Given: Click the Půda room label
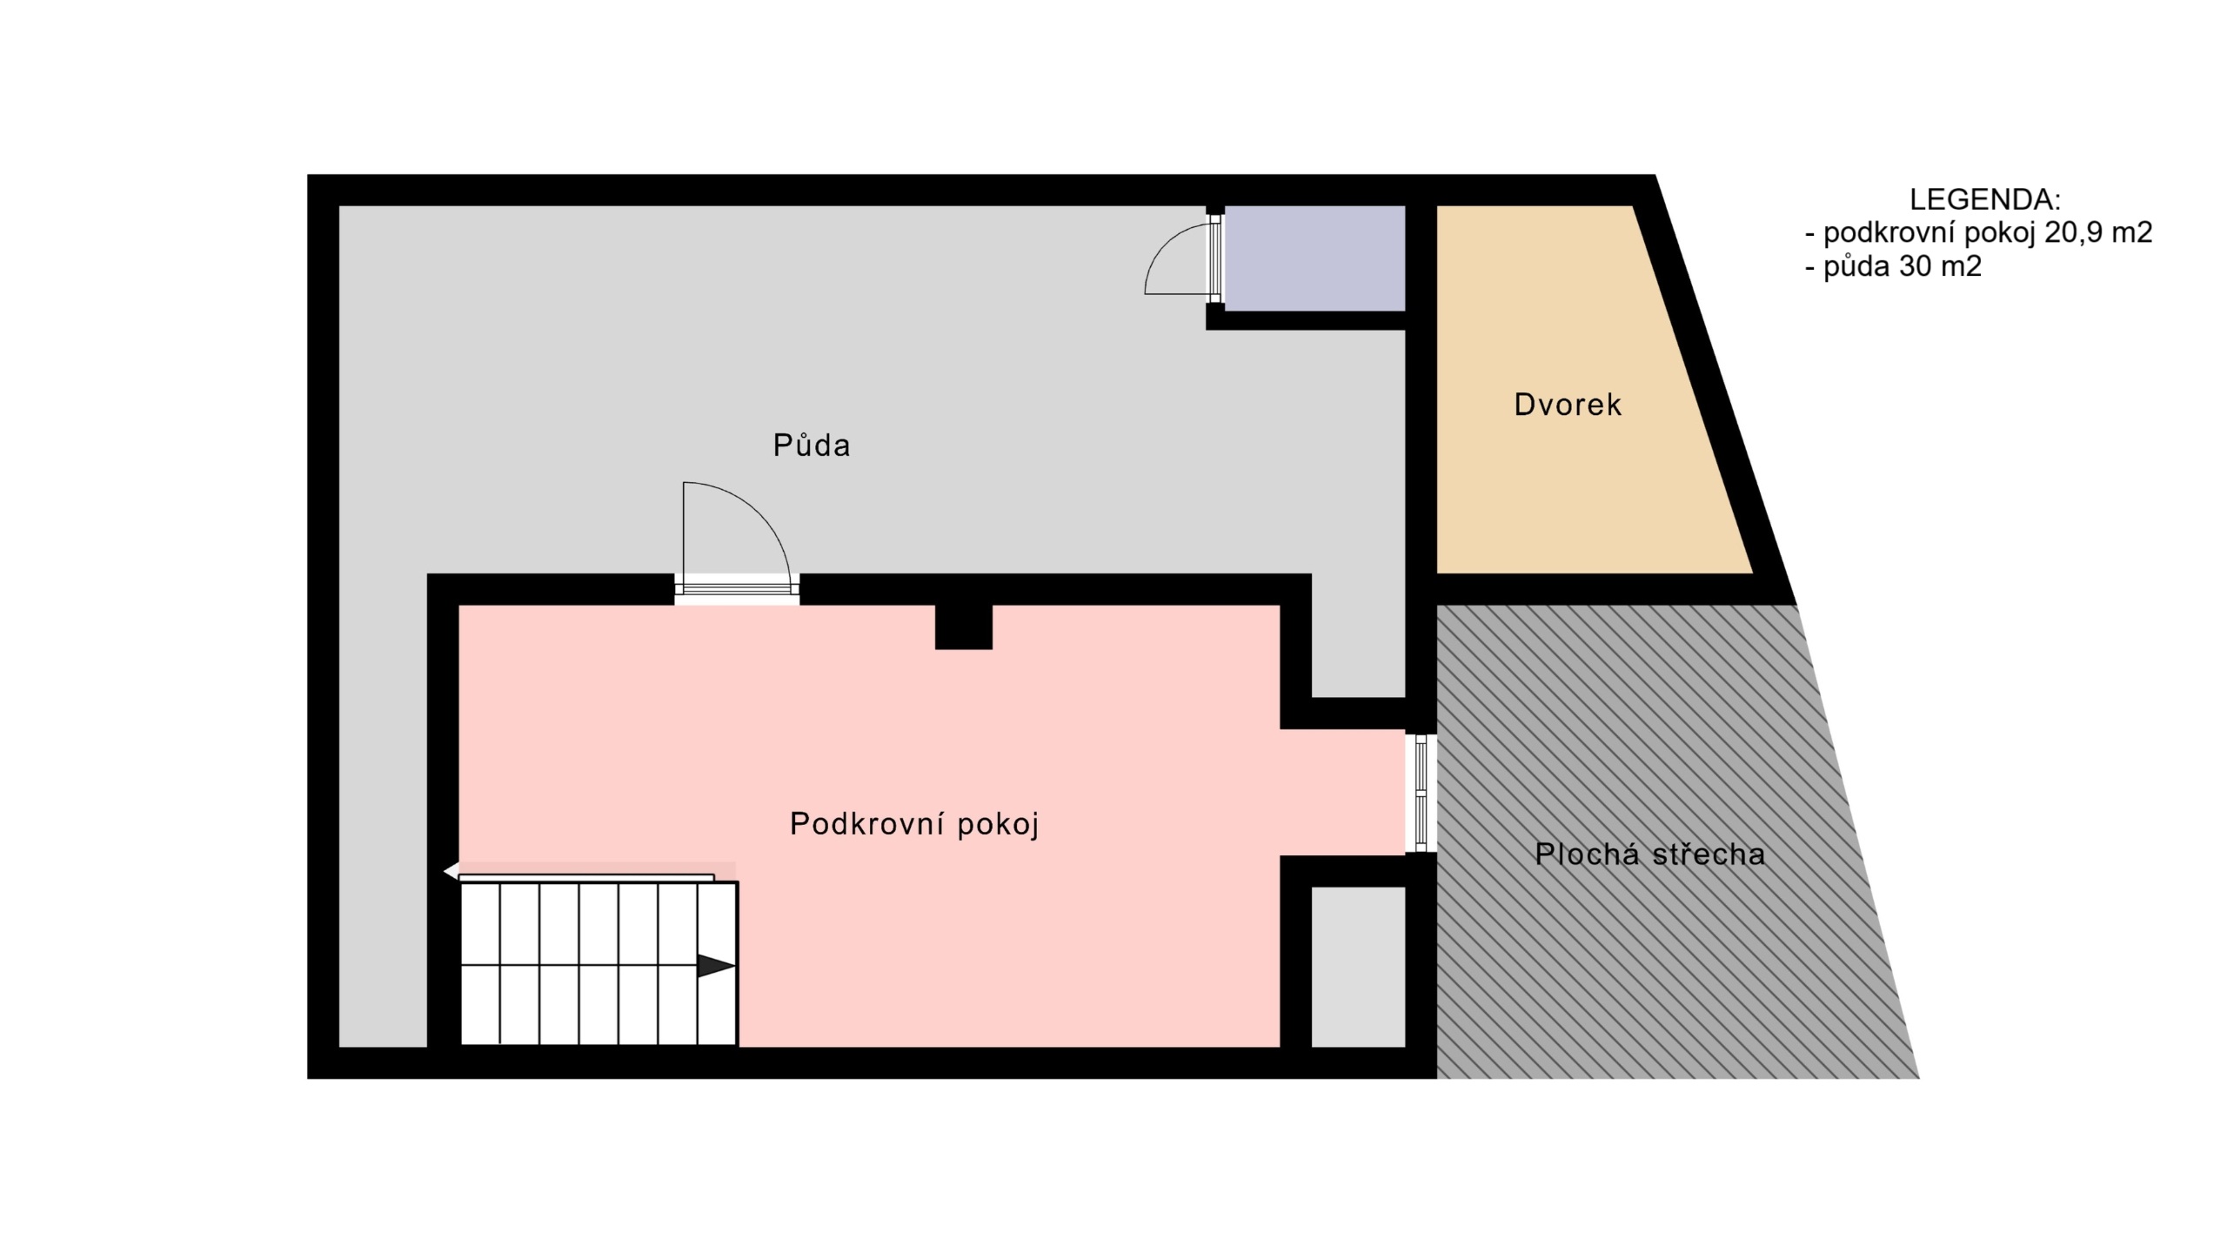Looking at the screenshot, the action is (811, 446).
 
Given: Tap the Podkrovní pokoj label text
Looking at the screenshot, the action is (914, 824).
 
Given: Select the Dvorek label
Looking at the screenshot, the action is (1568, 405).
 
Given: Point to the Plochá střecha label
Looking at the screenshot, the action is (1649, 854).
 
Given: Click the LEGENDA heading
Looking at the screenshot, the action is (1984, 199).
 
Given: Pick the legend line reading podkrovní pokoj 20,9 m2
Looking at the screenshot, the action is (1979, 232).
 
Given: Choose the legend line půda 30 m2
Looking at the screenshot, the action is (1894, 266).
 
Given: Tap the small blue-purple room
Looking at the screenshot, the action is (1314, 258).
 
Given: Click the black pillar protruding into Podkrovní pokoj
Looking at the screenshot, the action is (963, 626).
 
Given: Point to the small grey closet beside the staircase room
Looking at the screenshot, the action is (1358, 967).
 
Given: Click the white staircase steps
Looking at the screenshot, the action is (599, 964).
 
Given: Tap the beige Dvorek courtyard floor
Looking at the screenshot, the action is (1575, 390).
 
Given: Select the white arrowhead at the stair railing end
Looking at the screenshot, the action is (451, 871).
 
